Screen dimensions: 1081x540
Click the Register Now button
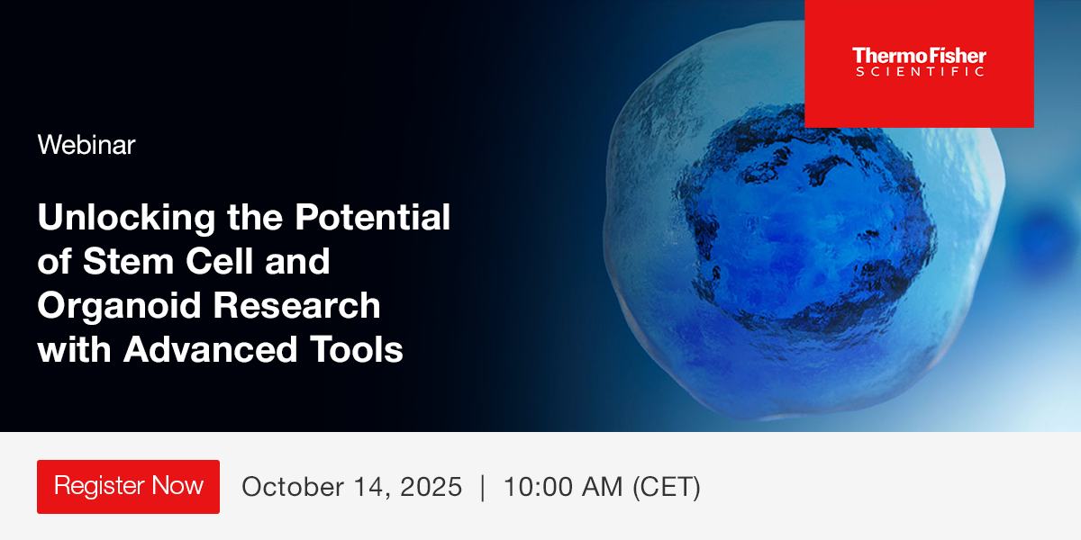coord(128,487)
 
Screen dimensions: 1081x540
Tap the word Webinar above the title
coord(86,145)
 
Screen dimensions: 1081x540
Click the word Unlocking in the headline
coord(126,219)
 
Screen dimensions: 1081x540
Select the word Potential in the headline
coord(373,217)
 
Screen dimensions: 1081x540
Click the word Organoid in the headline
coord(119,307)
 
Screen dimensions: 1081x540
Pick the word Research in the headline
coord(296,305)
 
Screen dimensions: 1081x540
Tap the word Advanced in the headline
coord(210,349)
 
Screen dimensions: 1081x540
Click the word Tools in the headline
coord(356,349)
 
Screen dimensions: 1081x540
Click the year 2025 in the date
coord(431,487)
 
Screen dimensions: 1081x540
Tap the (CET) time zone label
coord(667,487)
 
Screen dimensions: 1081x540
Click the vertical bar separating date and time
coord(483,488)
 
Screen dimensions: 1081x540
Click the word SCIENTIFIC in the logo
coord(920,71)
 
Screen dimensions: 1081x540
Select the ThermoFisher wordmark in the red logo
coord(920,56)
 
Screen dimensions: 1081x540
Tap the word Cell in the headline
coord(220,261)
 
